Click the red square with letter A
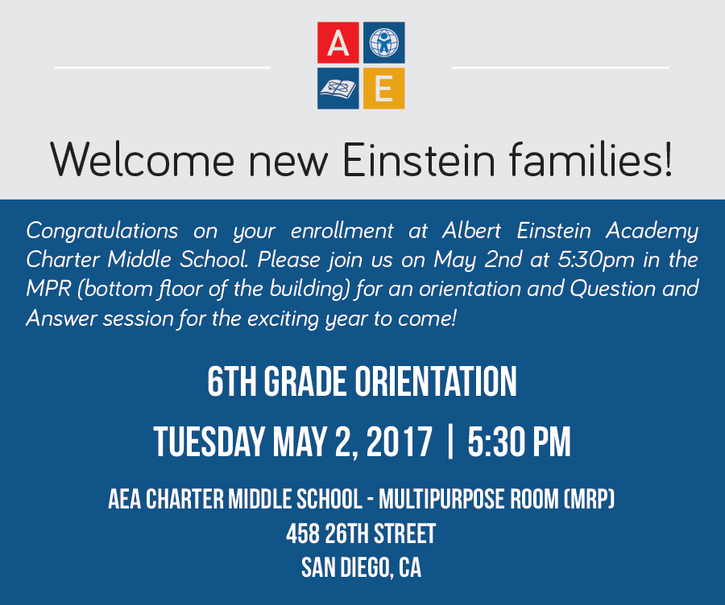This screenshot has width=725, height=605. [x=338, y=43]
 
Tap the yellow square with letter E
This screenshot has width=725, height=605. [x=383, y=88]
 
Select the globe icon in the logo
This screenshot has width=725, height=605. [x=383, y=43]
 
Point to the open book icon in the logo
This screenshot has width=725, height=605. [x=338, y=88]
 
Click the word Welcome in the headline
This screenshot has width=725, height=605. [x=143, y=160]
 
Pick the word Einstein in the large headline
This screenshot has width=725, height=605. [x=419, y=160]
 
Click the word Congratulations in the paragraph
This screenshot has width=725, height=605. [x=102, y=231]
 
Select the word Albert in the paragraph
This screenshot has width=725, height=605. [x=471, y=230]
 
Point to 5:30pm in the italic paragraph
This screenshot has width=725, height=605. [x=596, y=261]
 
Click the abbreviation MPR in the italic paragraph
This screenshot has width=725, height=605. [x=48, y=289]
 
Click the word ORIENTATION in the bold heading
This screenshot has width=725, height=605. [x=436, y=381]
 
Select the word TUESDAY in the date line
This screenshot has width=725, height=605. [x=209, y=442]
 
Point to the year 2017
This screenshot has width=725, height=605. [x=400, y=442]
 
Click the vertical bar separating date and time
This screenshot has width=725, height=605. [x=451, y=442]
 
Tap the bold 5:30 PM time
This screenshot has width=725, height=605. [x=520, y=442]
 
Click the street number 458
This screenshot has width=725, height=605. [x=302, y=534]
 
